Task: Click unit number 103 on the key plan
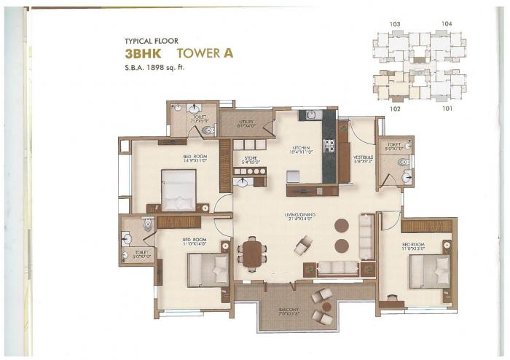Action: (x=395, y=24)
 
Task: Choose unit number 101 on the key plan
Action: (x=447, y=109)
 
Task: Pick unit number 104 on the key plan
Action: (x=447, y=24)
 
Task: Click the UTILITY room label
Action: (x=246, y=123)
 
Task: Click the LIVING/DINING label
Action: (x=298, y=215)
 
